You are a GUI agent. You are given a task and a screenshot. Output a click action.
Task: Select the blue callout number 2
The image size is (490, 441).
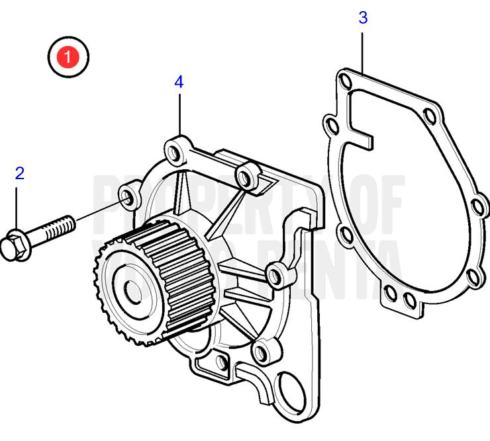(20, 173)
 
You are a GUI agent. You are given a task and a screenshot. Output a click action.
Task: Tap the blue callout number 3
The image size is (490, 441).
(363, 18)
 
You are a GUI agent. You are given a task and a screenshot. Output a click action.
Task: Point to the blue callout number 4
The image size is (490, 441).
(179, 82)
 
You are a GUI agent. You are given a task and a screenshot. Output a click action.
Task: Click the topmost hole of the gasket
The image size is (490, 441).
(344, 81)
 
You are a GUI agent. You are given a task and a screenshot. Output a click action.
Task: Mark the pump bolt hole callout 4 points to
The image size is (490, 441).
(175, 151)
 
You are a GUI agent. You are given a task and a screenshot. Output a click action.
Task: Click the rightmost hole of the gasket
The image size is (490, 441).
(479, 209)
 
